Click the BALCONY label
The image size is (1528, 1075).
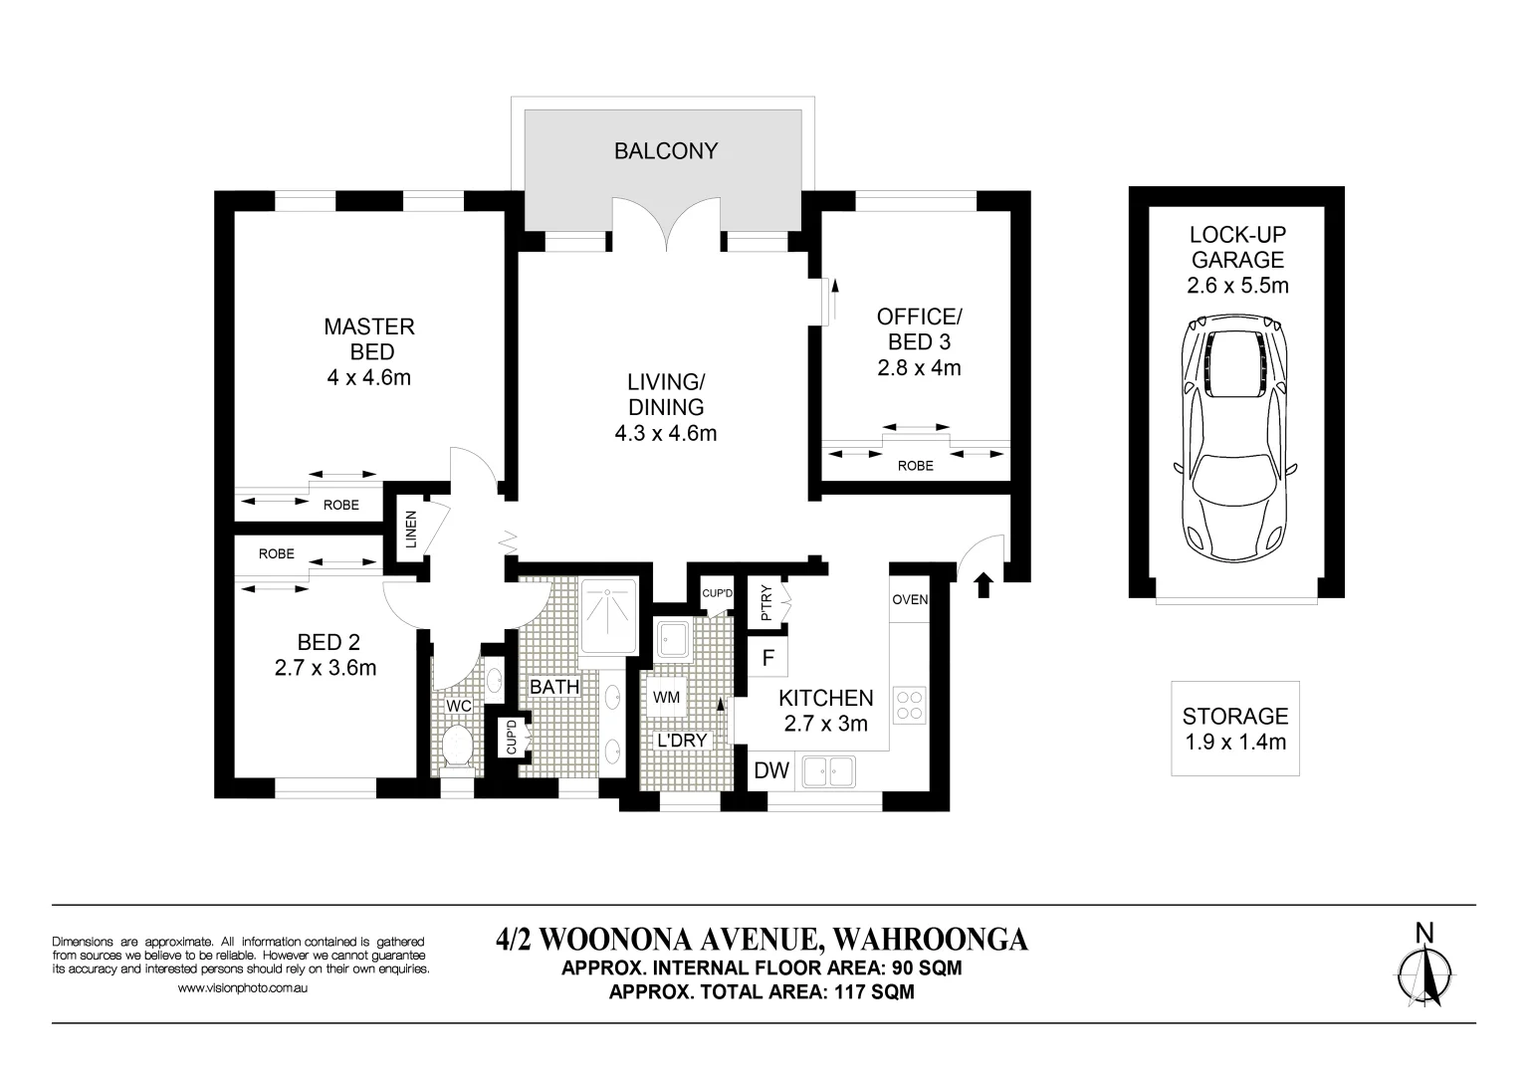(x=666, y=150)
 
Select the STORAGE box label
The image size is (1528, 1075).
(x=1234, y=717)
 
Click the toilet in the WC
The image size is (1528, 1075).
(x=457, y=748)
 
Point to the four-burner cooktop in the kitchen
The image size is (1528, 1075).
(x=909, y=705)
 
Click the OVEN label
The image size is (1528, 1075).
(x=910, y=599)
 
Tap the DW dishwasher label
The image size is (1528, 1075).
(x=771, y=770)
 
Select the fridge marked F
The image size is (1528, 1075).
(x=768, y=658)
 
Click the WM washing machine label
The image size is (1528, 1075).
(x=667, y=698)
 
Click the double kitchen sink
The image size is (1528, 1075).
(x=829, y=771)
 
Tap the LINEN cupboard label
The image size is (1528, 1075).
(x=411, y=530)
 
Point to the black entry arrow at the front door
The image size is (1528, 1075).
(x=982, y=584)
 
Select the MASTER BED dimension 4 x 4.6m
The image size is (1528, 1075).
(x=369, y=377)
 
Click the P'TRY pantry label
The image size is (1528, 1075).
(x=765, y=603)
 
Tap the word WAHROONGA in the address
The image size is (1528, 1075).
(x=931, y=940)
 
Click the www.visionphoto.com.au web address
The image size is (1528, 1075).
(x=243, y=987)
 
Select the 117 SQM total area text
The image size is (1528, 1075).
(x=875, y=991)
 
